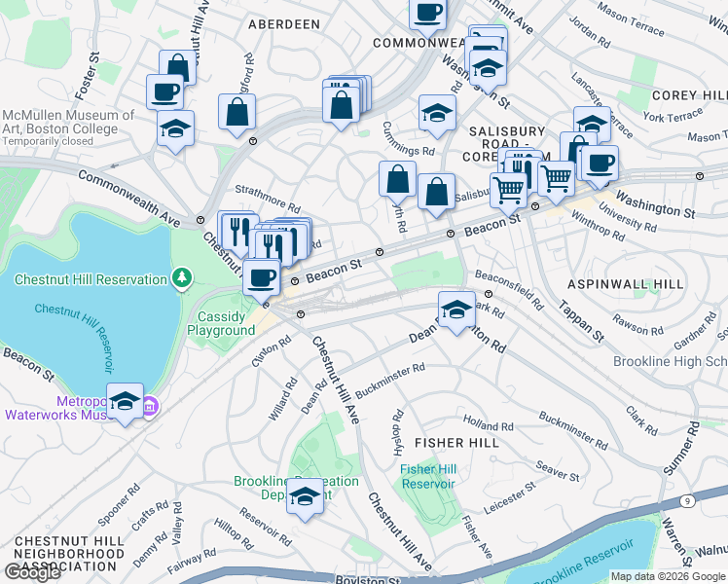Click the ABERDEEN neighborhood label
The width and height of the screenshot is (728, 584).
tap(283, 22)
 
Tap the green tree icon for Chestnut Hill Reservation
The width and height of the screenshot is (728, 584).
tap(181, 280)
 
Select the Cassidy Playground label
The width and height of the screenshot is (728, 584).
tap(227, 323)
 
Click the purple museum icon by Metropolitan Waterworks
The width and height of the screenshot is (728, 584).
tap(148, 407)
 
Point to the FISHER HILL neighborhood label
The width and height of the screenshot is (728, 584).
tap(456, 443)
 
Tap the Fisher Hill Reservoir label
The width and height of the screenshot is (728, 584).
tap(428, 477)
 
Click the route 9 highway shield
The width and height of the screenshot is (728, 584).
tap(687, 500)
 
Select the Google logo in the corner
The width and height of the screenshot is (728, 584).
tap(32, 572)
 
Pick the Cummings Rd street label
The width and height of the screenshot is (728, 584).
tap(408, 151)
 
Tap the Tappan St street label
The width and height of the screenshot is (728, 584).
tap(581, 314)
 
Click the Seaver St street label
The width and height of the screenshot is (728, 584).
tap(557, 471)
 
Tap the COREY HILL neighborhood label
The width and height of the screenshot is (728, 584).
tap(689, 95)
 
